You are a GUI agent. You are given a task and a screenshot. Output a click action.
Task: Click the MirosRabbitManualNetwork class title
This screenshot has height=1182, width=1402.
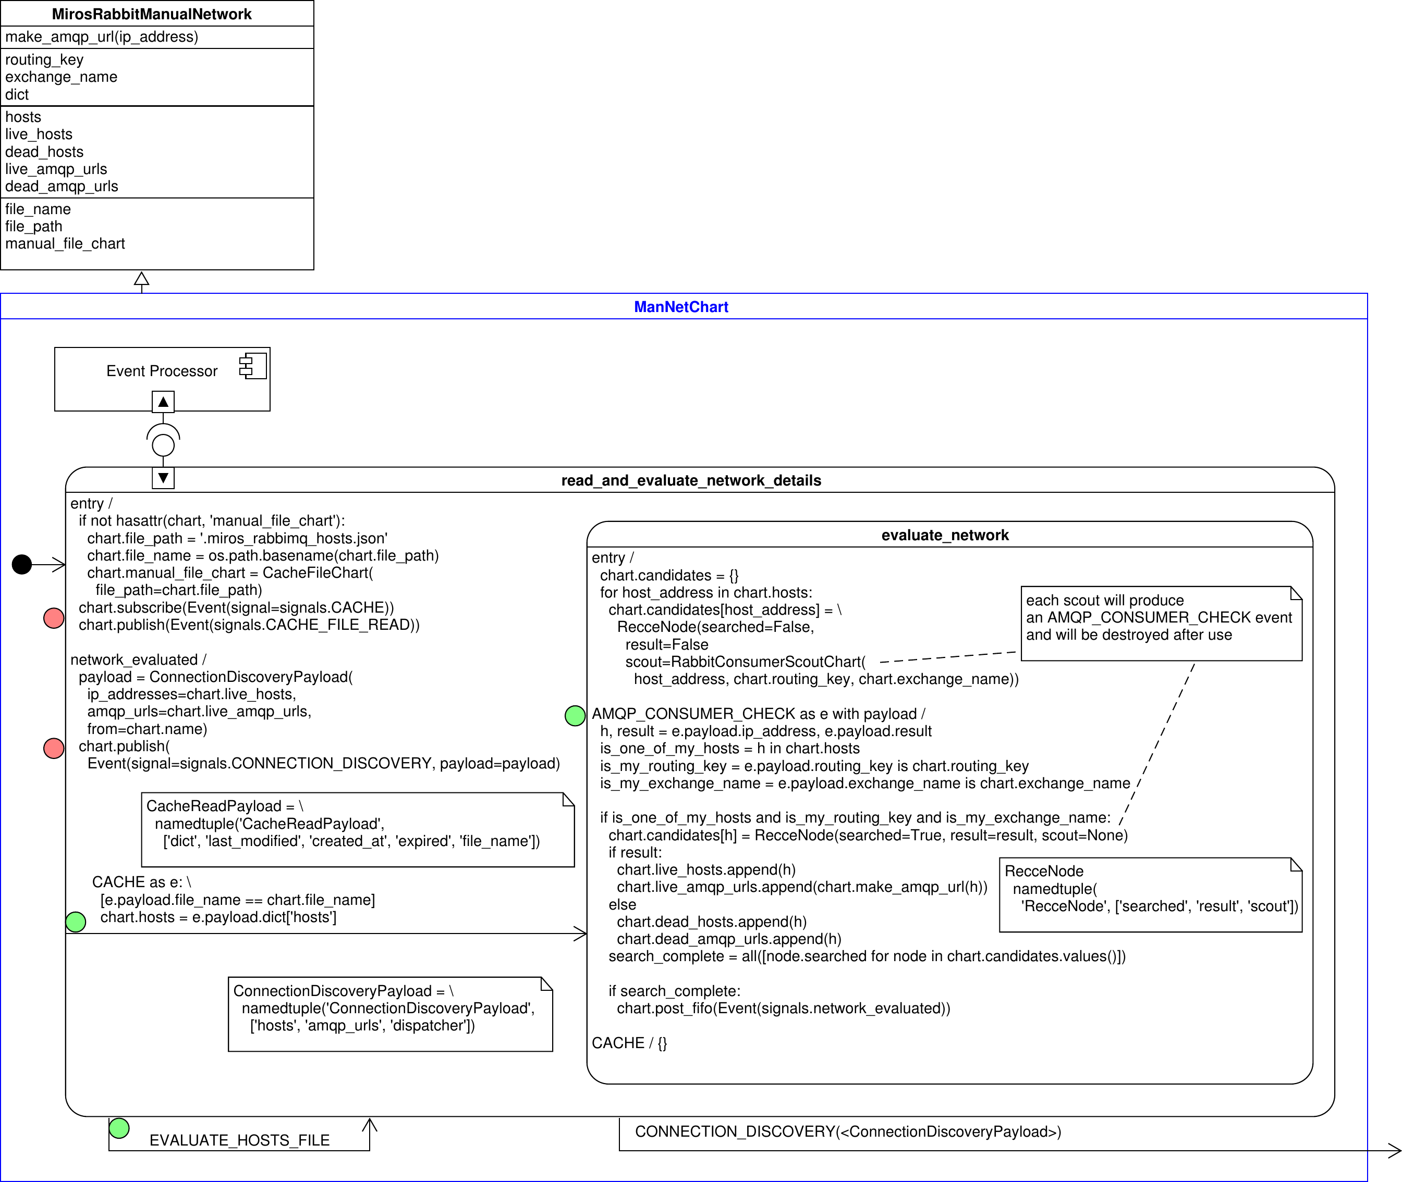click(152, 14)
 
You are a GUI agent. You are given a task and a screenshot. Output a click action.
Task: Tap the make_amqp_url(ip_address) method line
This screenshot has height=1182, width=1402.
click(102, 37)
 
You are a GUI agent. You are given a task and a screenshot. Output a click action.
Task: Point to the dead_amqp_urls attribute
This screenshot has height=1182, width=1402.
click(62, 186)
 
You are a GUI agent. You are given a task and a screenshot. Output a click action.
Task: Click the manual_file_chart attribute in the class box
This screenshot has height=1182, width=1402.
click(65, 244)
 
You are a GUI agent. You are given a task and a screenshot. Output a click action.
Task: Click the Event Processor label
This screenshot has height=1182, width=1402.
click(162, 371)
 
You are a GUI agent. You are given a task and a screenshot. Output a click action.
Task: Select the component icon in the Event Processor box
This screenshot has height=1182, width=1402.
click(253, 367)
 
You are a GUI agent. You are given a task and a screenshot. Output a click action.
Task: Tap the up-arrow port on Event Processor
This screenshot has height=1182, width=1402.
click(163, 402)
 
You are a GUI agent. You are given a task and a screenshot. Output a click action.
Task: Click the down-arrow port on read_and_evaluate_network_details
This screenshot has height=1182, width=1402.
click(163, 478)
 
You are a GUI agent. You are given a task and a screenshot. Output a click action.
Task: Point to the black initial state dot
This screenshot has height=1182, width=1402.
click(22, 564)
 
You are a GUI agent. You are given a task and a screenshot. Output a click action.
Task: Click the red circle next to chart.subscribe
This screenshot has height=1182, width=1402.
click(54, 618)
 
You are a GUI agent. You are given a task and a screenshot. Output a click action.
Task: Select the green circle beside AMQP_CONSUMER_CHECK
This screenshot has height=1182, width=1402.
click(575, 716)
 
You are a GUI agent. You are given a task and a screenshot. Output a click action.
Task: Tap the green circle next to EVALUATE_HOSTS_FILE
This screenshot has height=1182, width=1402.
click(119, 1128)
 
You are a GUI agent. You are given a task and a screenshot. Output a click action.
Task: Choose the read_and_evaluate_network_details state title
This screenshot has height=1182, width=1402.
click(691, 480)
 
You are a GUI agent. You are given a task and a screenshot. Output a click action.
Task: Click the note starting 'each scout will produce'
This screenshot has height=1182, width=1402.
click(1160, 623)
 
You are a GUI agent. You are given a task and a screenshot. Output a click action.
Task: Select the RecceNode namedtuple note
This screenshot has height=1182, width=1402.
click(1150, 894)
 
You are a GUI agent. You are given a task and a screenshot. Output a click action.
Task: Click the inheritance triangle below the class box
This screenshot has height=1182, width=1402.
click(141, 279)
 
